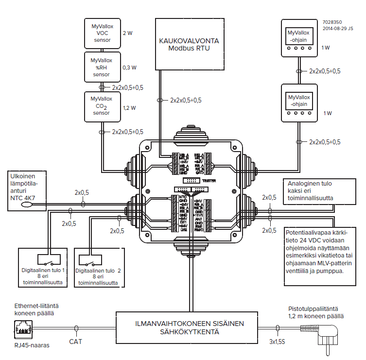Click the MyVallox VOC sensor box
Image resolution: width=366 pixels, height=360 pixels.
tap(102, 34)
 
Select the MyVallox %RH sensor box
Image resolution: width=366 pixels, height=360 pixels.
tap(102, 67)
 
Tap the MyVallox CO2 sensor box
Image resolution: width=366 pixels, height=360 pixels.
tap(102, 106)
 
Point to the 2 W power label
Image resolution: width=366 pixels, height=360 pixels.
tap(128, 34)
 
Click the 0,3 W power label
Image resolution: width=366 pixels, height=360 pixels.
tap(130, 67)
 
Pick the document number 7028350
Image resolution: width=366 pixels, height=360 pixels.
tap(332, 22)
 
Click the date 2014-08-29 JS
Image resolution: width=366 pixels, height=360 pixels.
tap(339, 28)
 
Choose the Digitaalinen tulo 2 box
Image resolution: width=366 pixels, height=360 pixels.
tap(99, 267)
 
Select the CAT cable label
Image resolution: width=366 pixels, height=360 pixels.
tap(76, 342)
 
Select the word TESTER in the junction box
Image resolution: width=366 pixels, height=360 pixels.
tap(209, 180)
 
